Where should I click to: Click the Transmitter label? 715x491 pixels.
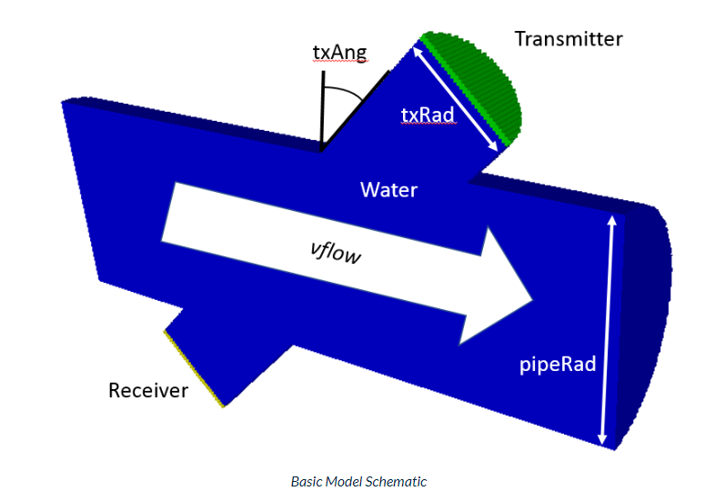coord(569,39)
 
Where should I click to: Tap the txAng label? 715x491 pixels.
coord(339,53)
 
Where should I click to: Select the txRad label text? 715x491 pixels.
coord(428,115)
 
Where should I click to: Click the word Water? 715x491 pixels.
coord(388,190)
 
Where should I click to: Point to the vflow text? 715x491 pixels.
coord(336,252)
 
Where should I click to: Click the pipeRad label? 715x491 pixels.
coord(558,365)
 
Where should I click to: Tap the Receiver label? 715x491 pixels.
coord(148,390)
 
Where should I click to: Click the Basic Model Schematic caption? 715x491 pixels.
coord(359,481)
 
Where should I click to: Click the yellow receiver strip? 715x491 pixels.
coord(194,368)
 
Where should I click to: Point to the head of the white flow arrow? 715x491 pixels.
coord(532,299)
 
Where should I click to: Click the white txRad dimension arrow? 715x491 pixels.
coord(455,98)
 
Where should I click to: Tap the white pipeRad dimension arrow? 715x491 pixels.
coord(607,330)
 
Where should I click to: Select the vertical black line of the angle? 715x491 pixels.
coord(322,110)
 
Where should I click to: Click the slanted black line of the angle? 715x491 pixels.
coord(356,110)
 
